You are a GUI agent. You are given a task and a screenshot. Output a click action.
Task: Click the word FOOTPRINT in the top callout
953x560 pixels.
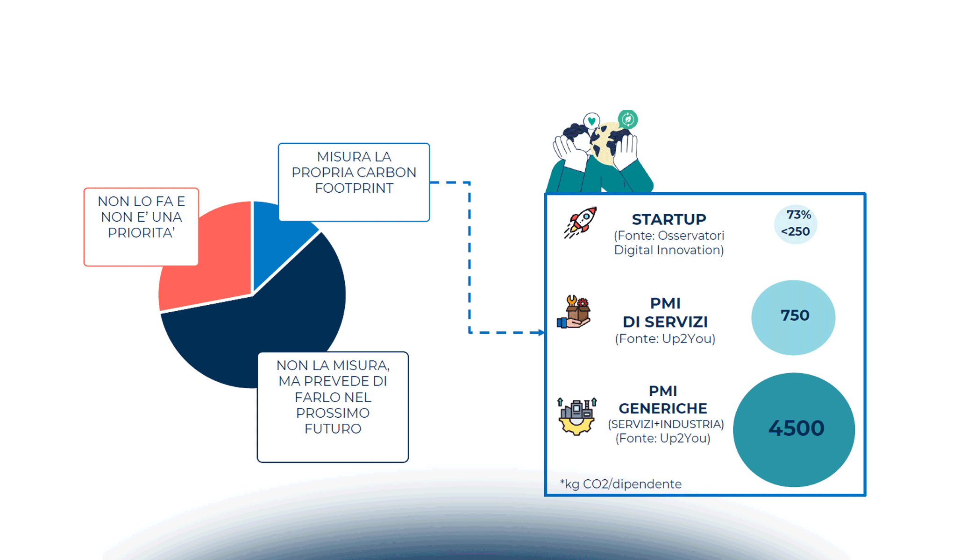click(x=354, y=188)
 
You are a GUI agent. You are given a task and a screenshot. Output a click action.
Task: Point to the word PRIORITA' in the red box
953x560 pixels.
click(x=141, y=233)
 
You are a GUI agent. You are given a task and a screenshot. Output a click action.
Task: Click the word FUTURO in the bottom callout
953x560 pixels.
click(x=333, y=429)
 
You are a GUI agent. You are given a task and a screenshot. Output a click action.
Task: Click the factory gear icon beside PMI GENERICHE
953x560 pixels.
click(x=576, y=416)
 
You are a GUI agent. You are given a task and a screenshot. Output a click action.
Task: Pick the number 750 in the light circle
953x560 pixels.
click(x=794, y=315)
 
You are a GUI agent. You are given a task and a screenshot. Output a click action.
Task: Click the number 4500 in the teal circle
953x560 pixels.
click(x=796, y=428)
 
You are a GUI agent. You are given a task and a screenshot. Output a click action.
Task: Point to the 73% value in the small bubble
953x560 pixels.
click(x=798, y=215)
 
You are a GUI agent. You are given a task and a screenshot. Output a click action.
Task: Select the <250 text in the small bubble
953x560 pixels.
click(x=795, y=231)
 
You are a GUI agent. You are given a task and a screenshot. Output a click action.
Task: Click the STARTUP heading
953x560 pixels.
click(x=669, y=219)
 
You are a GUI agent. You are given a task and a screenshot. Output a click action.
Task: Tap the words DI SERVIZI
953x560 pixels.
click(x=665, y=322)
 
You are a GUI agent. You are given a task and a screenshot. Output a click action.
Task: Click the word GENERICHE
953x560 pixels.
click(x=662, y=408)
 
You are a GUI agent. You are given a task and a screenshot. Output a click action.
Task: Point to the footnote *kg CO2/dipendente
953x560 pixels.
click(x=620, y=484)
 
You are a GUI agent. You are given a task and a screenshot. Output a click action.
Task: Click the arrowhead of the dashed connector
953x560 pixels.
click(x=541, y=332)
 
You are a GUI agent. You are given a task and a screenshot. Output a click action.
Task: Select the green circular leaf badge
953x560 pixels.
click(x=627, y=119)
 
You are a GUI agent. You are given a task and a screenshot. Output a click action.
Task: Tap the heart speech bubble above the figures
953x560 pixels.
click(x=591, y=121)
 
